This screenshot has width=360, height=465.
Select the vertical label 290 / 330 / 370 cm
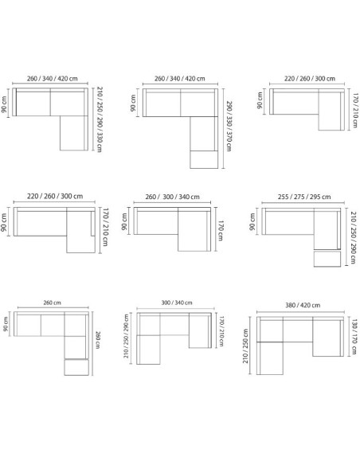[228, 127]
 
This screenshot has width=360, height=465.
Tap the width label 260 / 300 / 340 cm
[173, 197]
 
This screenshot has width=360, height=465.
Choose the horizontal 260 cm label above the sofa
[53, 303]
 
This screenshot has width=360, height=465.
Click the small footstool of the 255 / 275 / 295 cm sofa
[324, 258]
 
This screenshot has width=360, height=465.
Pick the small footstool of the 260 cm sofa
[76, 369]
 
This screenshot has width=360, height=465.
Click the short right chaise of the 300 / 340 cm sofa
[198, 332]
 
